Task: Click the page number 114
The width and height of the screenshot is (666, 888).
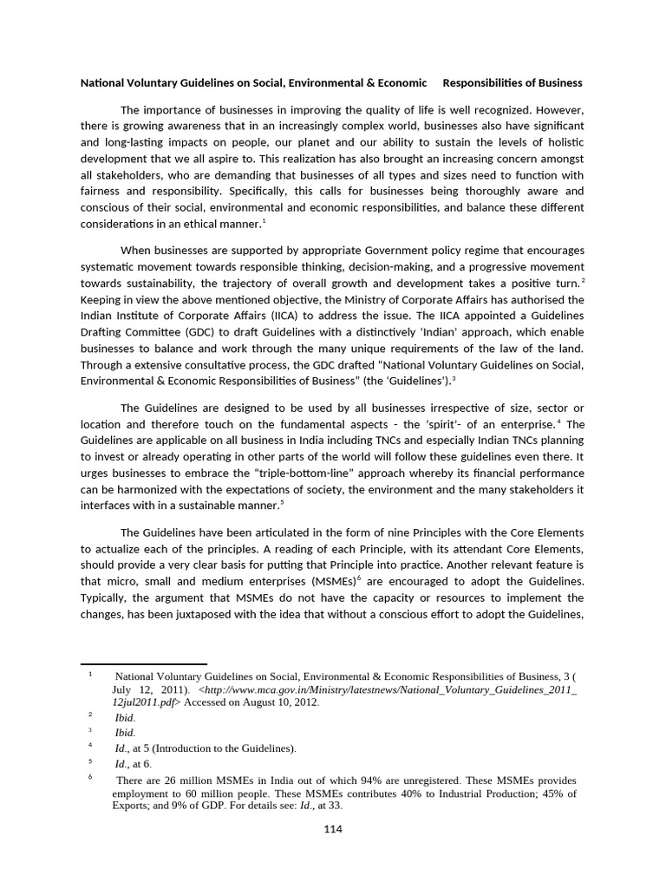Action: coord(333,829)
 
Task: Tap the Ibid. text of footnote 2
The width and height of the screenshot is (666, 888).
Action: coord(125,717)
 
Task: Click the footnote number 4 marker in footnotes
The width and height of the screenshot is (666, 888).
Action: coord(90,745)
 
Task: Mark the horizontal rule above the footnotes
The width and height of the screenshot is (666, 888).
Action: coord(143,664)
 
